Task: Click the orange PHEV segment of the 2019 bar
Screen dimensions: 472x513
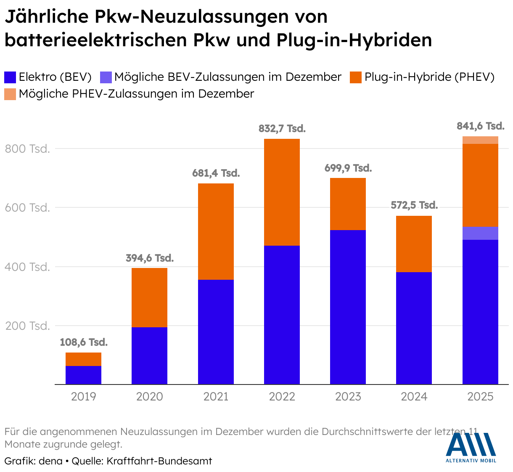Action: [83, 359]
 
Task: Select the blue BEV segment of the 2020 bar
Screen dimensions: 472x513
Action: [149, 355]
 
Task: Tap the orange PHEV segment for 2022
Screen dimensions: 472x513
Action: [282, 192]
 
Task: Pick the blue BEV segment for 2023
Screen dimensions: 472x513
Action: [348, 307]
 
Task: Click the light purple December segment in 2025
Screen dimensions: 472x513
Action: [480, 233]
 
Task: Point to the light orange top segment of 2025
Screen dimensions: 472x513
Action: [480, 140]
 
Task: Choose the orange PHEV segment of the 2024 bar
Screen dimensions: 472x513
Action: [414, 244]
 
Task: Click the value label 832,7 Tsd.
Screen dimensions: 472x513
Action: [282, 129]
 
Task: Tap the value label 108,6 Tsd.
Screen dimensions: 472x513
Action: [84, 342]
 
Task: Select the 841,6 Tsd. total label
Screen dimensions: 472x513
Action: [480, 126]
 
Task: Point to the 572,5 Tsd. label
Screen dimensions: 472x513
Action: [414, 205]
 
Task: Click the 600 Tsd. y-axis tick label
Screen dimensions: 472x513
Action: [27, 208]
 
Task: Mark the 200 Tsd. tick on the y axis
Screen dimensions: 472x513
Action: [27, 326]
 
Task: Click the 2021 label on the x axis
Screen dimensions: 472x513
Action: [216, 397]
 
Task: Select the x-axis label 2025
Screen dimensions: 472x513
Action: [480, 397]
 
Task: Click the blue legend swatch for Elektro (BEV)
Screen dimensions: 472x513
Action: [10, 77]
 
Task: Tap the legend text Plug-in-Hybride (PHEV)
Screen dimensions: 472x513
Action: [429, 77]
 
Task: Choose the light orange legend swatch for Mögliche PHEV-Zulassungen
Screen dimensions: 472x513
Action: [10, 94]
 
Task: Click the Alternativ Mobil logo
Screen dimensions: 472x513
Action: [471, 448]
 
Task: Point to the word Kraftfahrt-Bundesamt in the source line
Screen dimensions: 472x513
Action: [159, 461]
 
